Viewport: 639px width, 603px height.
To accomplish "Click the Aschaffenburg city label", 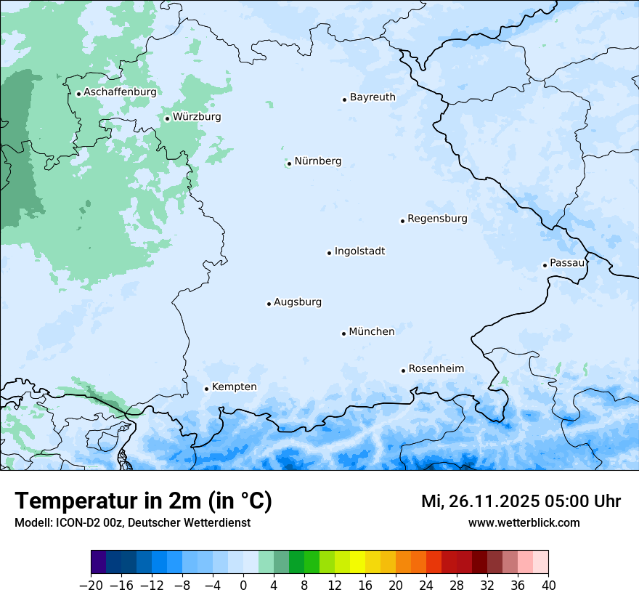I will [x=120, y=92].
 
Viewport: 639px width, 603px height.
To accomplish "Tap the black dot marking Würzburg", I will [x=167, y=118].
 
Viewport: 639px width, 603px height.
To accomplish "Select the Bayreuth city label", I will [x=373, y=97].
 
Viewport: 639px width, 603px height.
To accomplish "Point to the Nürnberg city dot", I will [x=289, y=163].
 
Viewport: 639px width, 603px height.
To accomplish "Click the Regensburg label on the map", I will [x=437, y=219].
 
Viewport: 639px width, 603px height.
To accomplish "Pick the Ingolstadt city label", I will [x=359, y=251].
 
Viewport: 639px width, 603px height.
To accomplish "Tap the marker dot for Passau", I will [x=545, y=265].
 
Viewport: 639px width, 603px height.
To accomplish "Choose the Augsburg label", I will [x=298, y=302].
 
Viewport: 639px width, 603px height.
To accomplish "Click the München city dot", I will [x=343, y=333].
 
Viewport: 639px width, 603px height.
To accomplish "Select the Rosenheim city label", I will [x=436, y=369].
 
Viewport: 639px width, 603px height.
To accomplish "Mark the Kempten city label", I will [x=234, y=387].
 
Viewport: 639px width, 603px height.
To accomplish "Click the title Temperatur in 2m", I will [x=143, y=501].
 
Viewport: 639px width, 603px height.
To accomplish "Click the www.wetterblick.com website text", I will [x=524, y=523].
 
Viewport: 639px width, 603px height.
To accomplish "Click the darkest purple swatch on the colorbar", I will [x=98, y=562].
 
